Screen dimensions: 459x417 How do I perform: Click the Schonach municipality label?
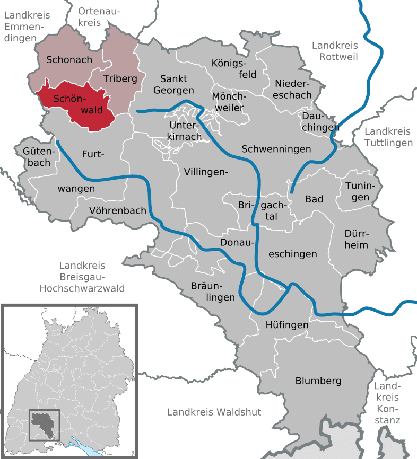coord(69,59)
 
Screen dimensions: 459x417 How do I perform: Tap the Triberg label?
coord(120,78)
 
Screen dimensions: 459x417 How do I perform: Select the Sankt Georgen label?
coord(173,84)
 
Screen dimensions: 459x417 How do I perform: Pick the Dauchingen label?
coord(320,122)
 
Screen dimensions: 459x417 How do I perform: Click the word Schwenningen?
coord(276,149)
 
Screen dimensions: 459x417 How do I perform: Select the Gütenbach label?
coord(37,157)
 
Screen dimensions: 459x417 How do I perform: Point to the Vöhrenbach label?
coord(118,210)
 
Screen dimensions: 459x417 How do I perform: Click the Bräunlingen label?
coord(212,292)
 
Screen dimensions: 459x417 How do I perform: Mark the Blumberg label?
coord(318,381)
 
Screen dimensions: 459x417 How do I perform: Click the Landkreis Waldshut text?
coord(214,412)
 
